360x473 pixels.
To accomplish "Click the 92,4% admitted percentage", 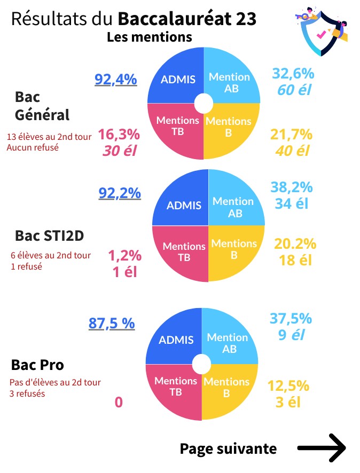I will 116,80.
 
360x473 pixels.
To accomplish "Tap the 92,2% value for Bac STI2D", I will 120,192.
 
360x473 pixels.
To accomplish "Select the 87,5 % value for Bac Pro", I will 111,323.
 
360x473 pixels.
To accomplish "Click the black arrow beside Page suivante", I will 322,448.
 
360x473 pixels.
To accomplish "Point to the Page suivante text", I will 228,448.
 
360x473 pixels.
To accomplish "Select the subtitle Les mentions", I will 149,37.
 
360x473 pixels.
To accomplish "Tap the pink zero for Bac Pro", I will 119,402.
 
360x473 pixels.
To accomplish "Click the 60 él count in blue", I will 294,89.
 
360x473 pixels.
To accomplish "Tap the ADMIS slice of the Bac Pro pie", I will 177,340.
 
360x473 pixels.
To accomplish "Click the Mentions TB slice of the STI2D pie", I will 183,252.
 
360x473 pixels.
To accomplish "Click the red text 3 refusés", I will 27,394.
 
